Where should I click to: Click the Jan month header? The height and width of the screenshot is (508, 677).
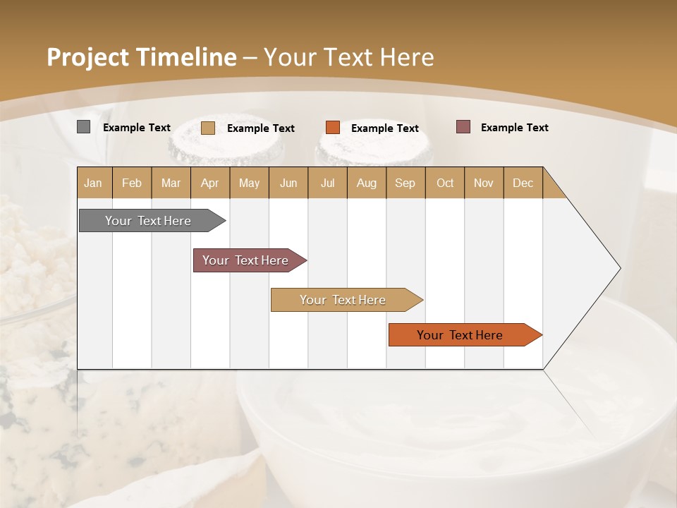(94, 183)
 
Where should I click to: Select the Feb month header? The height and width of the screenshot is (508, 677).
(132, 183)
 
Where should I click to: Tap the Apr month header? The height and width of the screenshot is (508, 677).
(210, 183)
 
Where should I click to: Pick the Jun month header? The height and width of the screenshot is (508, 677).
(288, 183)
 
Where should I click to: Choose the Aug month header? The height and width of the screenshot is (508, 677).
(367, 183)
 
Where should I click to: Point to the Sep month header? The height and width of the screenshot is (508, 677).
(405, 183)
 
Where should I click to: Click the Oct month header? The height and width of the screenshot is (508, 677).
(445, 183)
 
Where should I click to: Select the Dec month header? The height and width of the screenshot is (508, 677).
(523, 183)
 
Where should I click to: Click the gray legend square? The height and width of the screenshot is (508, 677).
(84, 127)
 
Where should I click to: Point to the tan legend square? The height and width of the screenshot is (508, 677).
(208, 128)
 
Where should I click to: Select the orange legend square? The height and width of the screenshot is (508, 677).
(333, 128)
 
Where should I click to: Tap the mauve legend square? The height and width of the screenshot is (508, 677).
(463, 127)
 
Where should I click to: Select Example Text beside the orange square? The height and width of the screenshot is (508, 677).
(385, 128)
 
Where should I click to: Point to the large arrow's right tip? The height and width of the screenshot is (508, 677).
(619, 268)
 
